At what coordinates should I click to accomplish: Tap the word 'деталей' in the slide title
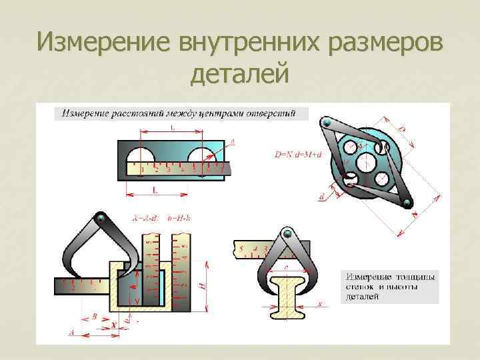[x=239, y=73]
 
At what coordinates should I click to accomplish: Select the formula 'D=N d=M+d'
[x=298, y=154]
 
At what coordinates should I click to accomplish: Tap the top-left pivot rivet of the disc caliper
[x=327, y=123]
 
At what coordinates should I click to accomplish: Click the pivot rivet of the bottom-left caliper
[x=101, y=218]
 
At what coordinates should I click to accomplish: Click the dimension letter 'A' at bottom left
[x=72, y=331]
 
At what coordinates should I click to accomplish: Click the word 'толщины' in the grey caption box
[x=414, y=275]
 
